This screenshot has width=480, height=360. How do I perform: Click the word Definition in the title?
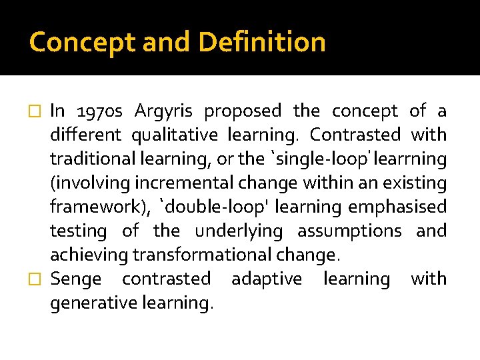click(262, 42)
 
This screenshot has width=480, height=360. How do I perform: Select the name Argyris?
click(163, 111)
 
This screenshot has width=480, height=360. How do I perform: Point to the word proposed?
click(243, 111)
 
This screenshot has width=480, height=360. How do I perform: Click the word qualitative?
click(175, 135)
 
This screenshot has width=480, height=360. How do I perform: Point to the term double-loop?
click(209, 207)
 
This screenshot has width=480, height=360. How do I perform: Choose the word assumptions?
click(349, 231)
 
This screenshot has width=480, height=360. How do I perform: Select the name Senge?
click(76, 279)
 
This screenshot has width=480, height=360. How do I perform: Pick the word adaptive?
click(267, 279)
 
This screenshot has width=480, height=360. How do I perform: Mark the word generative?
click(93, 303)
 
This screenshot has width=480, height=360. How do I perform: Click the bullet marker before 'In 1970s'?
click(38, 111)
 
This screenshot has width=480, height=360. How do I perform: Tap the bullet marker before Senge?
click(38, 279)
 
